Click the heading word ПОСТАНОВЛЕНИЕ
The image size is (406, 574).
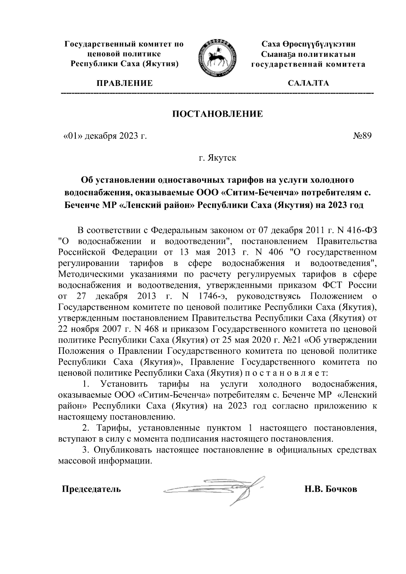pyautogui.click(x=218, y=114)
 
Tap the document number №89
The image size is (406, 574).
pyautogui.click(x=362, y=136)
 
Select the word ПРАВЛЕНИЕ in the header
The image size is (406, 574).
pyautogui.click(x=125, y=83)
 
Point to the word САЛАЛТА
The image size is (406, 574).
pyautogui.click(x=308, y=83)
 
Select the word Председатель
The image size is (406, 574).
pyautogui.click(x=91, y=489)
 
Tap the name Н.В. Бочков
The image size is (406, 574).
pyautogui.click(x=331, y=489)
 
